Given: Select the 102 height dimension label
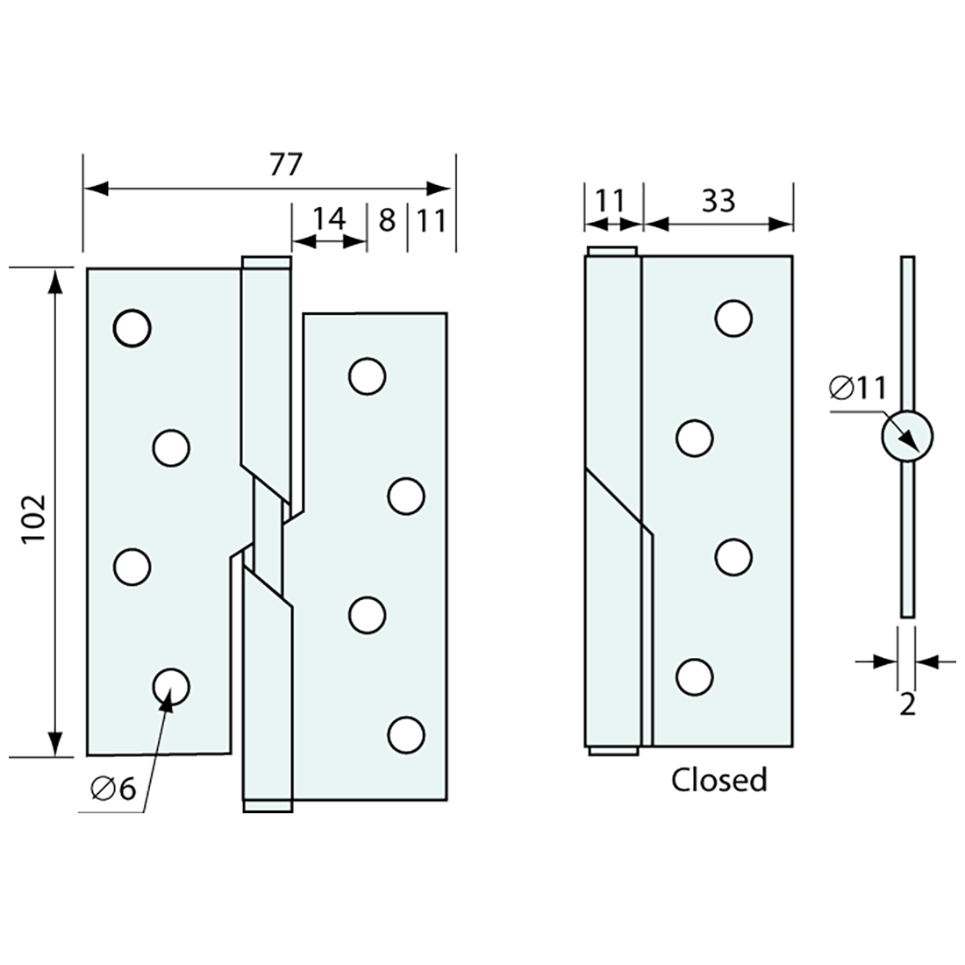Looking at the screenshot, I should [33, 518].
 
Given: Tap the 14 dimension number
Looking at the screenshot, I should [330, 218].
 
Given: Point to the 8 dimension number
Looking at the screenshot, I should [387, 219].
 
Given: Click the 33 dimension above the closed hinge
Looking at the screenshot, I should [718, 201].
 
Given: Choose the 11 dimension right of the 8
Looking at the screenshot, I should [432, 219].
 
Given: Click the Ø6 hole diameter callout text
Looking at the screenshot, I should [113, 790].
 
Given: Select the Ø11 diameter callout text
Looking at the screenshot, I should [857, 387].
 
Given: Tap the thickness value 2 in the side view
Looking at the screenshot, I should [907, 704].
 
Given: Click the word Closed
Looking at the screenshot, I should [719, 779].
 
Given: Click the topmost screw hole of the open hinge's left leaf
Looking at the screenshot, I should [132, 327].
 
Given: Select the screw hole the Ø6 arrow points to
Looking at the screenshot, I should [171, 686].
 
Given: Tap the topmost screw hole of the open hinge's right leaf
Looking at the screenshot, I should [367, 375].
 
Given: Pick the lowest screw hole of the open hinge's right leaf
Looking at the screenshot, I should [405, 734].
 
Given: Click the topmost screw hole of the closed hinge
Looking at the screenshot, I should [733, 318].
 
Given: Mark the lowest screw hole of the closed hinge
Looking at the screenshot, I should [694, 676].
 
